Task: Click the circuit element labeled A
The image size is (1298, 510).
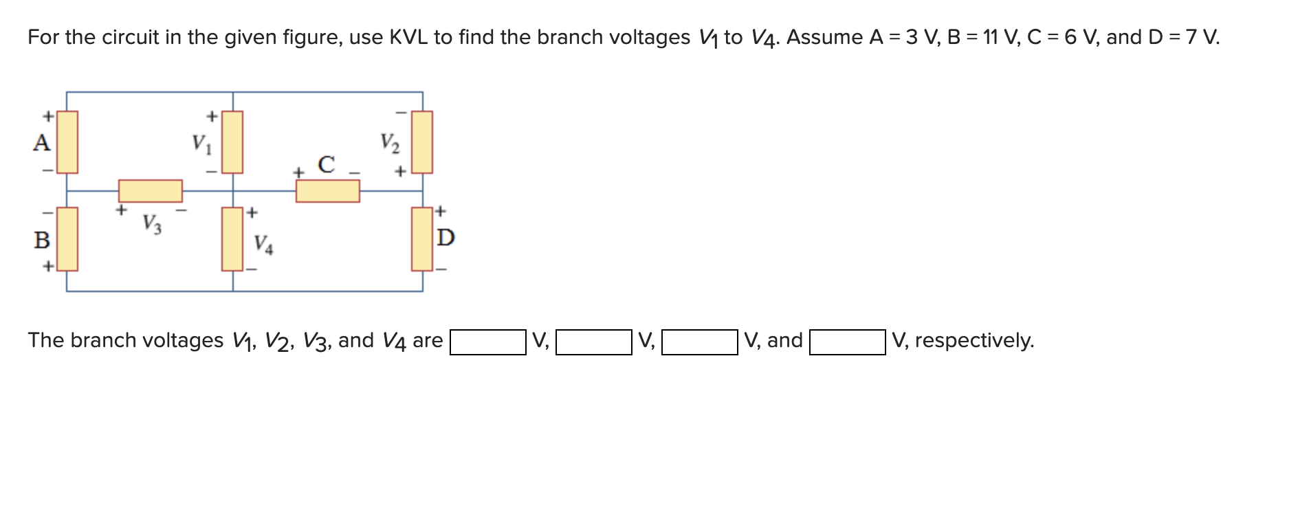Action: [67, 142]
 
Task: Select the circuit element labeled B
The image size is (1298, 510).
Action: [67, 239]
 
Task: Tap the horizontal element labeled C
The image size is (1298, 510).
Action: [327, 190]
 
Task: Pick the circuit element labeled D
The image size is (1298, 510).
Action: [421, 239]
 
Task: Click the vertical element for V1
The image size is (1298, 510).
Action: [232, 142]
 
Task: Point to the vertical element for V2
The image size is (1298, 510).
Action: [421, 142]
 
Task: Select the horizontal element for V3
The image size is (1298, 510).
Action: [150, 190]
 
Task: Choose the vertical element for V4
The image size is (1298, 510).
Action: [232, 239]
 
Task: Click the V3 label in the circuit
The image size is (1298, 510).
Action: [152, 224]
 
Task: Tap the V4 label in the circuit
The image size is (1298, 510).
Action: [263, 244]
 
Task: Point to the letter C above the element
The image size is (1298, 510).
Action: [327, 165]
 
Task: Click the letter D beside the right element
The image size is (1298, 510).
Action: [445, 238]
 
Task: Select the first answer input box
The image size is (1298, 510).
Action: [488, 342]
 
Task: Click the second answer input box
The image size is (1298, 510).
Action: [594, 342]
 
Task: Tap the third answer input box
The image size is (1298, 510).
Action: [700, 342]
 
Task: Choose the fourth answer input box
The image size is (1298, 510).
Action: [848, 342]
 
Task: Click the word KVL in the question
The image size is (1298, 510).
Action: [408, 37]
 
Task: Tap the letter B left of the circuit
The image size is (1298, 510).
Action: [42, 240]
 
